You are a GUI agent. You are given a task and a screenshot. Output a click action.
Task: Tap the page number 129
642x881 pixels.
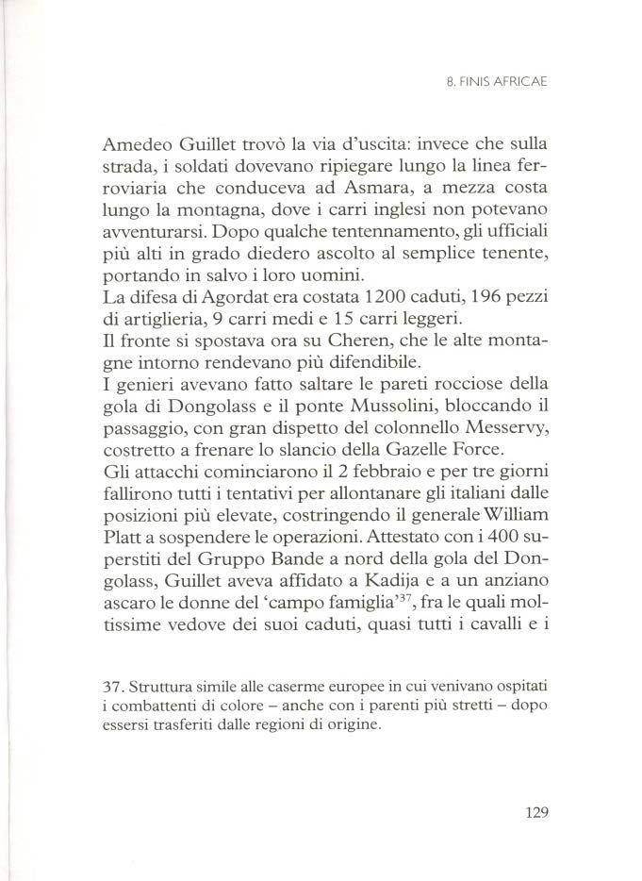point(532,812)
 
